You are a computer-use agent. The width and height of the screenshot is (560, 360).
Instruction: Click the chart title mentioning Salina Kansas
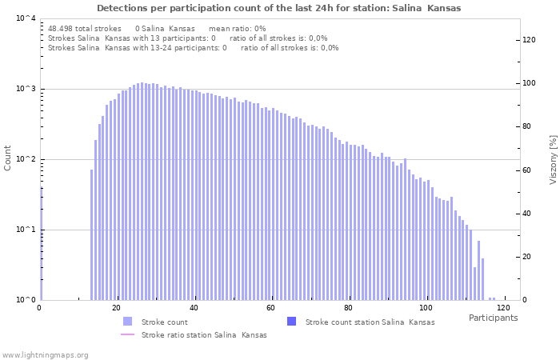279,8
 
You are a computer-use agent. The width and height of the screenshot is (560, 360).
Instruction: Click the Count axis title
8,158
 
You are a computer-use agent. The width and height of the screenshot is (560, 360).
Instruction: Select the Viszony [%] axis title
552,159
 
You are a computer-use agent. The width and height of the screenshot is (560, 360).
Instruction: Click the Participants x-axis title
493,318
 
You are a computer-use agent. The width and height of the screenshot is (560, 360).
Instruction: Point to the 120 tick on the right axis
529,40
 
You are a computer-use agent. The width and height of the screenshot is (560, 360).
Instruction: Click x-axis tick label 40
194,308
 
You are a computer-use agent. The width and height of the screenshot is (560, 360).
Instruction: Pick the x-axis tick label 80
348,308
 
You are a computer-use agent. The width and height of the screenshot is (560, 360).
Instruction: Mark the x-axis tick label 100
426,308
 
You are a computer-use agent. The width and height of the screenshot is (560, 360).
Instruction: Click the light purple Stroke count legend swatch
127,322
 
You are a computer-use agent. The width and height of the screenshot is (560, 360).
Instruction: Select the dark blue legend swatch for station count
291,322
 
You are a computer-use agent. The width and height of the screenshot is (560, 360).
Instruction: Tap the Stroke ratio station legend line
127,334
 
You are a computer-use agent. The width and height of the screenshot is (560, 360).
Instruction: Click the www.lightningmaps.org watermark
46,354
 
